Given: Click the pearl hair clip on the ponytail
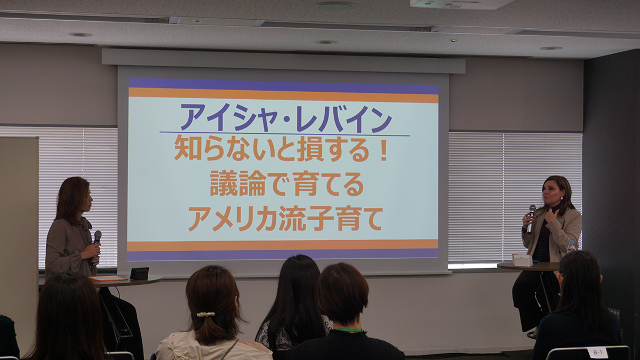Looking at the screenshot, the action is pyautogui.click(x=206, y=314).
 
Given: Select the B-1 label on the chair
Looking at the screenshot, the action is pyautogui.click(x=596, y=353).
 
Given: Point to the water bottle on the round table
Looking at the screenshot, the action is pyautogui.click(x=571, y=247).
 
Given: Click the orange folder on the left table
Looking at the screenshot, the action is pyautogui.click(x=108, y=278).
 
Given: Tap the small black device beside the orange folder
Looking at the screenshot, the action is pyautogui.click(x=139, y=273).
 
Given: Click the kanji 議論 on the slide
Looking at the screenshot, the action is pyautogui.click(x=238, y=183).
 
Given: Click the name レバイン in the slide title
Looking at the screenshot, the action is pyautogui.click(x=343, y=118).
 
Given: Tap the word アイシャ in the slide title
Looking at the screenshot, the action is pyautogui.click(x=229, y=118).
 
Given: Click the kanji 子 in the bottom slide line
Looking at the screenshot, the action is pyautogui.click(x=321, y=218).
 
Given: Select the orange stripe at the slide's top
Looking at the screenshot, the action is pyautogui.click(x=283, y=95).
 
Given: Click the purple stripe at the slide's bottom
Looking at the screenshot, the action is pyautogui.click(x=282, y=254).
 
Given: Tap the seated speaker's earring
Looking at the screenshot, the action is pyautogui.click(x=562, y=198).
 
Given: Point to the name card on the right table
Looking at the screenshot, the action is pyautogui.click(x=522, y=260).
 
